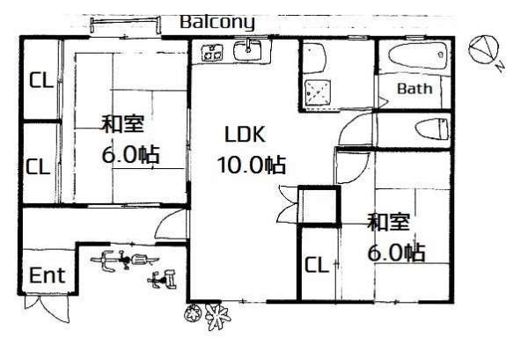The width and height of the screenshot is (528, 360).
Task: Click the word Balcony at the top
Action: click(217, 23)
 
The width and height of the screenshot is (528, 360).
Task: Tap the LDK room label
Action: click(245, 134)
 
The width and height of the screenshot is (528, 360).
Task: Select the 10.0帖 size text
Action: click(252, 165)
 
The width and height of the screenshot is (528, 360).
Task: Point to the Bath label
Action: click(414, 89)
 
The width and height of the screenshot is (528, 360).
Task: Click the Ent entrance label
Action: click(47, 276)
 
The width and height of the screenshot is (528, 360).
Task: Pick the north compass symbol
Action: click(483, 50)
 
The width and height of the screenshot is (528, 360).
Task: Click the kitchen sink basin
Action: click(248, 51)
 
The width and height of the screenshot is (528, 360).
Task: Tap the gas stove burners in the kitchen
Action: click(213, 53)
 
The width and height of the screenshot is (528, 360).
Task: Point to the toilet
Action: click(432, 129)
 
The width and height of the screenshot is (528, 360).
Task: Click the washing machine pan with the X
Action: click(317, 92)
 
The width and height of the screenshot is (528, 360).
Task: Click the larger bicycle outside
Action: click(124, 260)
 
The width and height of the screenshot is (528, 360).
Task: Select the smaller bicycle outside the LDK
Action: click(162, 280)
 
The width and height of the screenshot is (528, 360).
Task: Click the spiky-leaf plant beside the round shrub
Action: click(218, 317)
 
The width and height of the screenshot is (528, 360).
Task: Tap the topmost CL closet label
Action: click(41, 80)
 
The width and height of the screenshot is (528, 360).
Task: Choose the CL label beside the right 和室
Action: click(317, 264)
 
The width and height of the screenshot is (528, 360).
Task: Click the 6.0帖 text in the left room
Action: click(130, 155)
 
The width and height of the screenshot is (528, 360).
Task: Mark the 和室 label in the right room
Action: click(388, 223)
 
